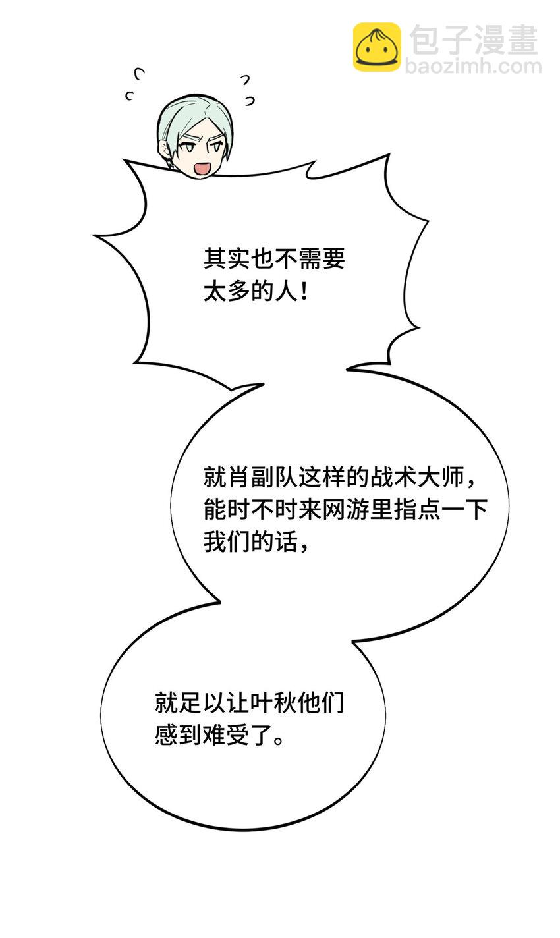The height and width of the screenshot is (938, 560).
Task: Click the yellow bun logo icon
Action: pyautogui.click(x=377, y=47)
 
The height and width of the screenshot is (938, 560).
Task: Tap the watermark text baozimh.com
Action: pyautogui.click(x=473, y=67)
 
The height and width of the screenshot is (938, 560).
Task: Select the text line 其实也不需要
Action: pyautogui.click(x=274, y=259)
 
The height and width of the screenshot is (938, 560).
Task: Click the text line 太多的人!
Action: pyautogui.click(x=256, y=290)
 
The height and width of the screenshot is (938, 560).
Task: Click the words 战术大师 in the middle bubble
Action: pyautogui.click(x=417, y=478)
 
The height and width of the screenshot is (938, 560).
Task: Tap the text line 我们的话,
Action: pyautogui.click(x=256, y=541)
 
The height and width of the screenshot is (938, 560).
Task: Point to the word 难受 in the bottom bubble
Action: pyautogui.click(x=226, y=734)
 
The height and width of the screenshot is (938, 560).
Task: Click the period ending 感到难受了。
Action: pyautogui.click(x=278, y=740)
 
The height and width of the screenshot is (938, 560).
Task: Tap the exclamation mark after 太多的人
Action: pyautogui.click(x=304, y=290)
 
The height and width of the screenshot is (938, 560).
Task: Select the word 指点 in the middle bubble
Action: pyautogui.click(x=417, y=510)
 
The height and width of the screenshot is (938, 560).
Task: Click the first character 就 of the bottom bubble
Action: pyautogui.click(x=167, y=702)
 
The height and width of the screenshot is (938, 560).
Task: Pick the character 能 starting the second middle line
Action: pyautogui.click(x=215, y=510)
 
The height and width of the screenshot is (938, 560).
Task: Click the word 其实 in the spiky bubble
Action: pyautogui.click(x=227, y=259)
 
